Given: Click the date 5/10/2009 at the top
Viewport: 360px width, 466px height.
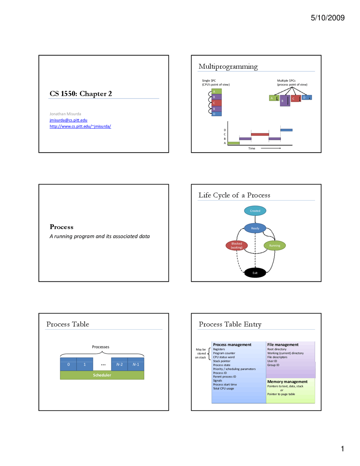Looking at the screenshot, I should [327, 18].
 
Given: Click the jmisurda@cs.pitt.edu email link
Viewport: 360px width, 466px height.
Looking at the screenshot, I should [68, 120].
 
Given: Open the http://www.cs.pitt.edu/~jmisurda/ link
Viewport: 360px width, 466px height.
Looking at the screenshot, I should [80, 126].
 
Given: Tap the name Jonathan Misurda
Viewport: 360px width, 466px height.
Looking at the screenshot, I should [65, 114].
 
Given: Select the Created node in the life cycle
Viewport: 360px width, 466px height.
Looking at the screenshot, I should [255, 211].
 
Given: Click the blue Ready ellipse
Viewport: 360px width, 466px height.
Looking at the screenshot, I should [255, 228].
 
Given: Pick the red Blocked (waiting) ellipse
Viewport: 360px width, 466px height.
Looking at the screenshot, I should [237, 245].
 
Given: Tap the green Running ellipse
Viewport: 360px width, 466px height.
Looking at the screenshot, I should [274, 245].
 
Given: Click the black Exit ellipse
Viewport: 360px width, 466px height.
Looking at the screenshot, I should [255, 273].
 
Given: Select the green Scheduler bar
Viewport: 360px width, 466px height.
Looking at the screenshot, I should [102, 375].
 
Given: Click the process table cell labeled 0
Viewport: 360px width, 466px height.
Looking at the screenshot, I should [68, 364].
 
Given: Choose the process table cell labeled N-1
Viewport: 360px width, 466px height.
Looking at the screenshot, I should [136, 364].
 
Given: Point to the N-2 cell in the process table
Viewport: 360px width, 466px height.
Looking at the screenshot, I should [120, 364].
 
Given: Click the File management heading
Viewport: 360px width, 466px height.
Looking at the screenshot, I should [283, 344].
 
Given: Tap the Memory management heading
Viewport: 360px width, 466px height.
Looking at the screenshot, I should [287, 382].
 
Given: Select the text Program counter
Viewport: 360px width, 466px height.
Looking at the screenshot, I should [224, 353].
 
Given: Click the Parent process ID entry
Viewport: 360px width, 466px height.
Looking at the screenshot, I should [224, 377].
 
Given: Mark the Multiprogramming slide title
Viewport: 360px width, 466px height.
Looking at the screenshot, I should [228, 66].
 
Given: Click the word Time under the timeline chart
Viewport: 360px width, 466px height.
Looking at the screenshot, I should [252, 148].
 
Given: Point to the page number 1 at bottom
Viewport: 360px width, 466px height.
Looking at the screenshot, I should [342, 449].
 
